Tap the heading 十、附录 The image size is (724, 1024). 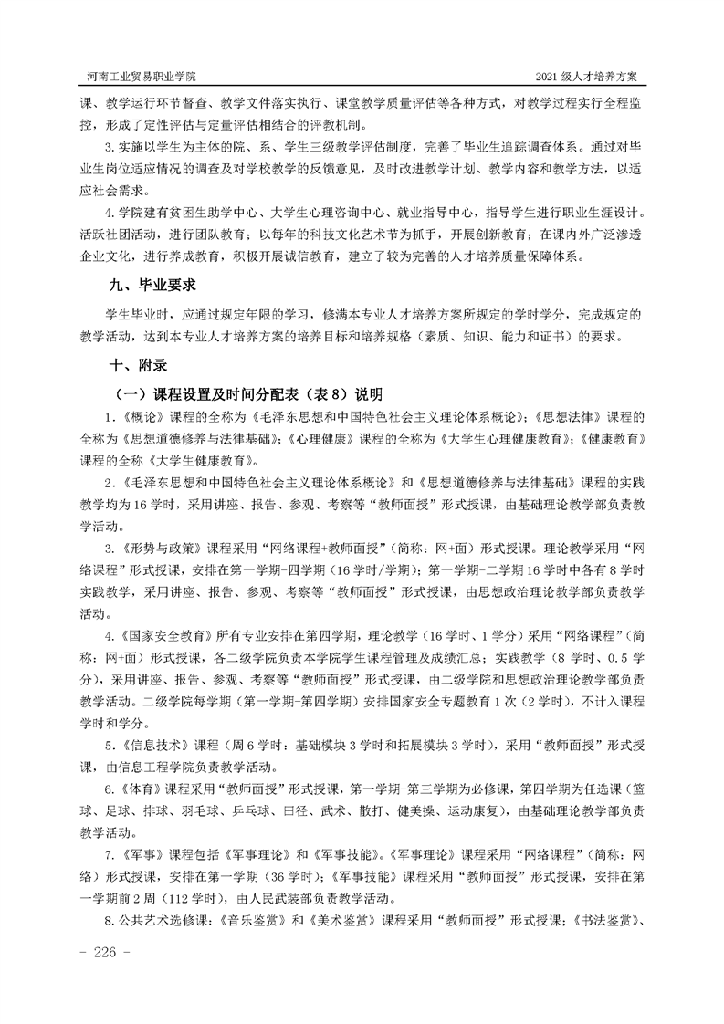click(138, 365)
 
